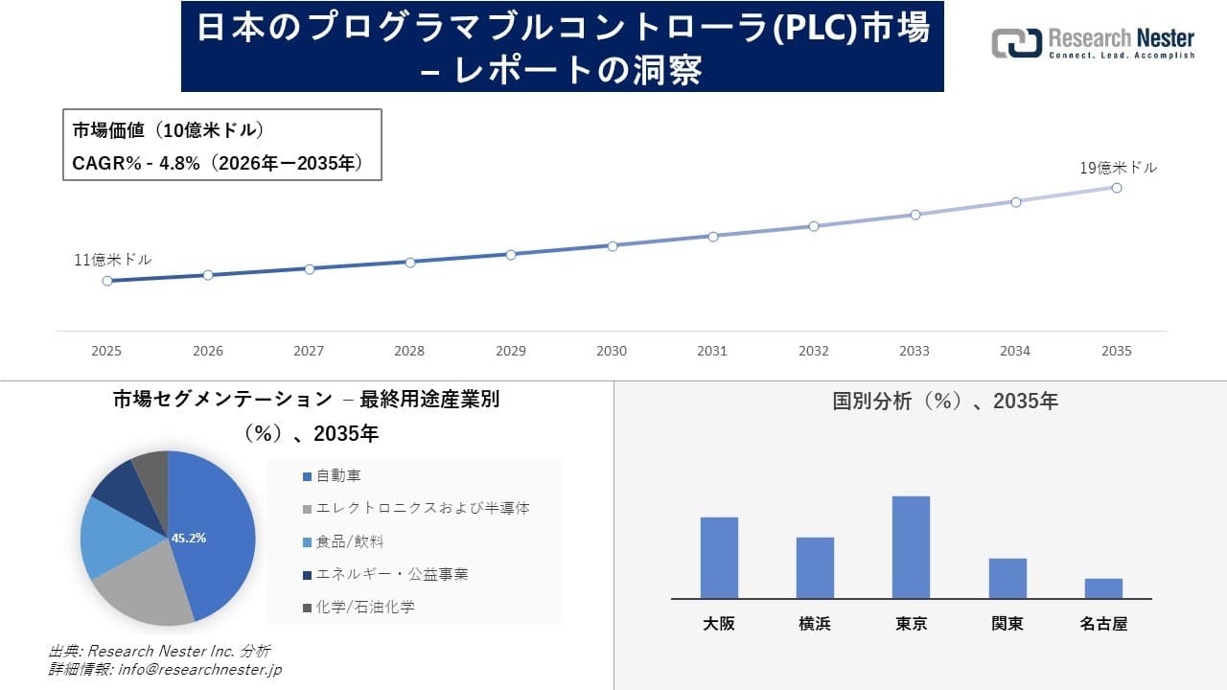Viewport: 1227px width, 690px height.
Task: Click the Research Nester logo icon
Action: [x=1016, y=43]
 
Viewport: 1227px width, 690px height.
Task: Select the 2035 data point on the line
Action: [x=1117, y=188]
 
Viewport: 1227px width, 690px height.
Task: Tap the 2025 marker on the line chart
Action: [x=107, y=281]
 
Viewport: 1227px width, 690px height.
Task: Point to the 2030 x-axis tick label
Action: [x=612, y=351]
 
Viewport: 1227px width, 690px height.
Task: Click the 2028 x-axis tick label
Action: [x=409, y=351]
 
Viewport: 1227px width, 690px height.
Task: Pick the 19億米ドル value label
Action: [x=1118, y=168]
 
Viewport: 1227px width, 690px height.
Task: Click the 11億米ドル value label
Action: [x=113, y=260]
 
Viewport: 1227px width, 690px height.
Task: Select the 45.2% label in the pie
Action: [x=189, y=539]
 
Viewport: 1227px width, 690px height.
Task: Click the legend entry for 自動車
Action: [x=338, y=475]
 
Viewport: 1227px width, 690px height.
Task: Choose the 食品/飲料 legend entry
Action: [x=350, y=541]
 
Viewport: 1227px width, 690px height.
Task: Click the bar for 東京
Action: [x=911, y=547]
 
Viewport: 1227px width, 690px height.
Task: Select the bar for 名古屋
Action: [x=1103, y=588]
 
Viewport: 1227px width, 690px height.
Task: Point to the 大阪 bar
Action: [x=719, y=558]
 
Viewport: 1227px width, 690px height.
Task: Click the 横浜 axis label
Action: [x=815, y=624]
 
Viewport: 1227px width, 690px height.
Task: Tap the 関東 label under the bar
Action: [x=1007, y=624]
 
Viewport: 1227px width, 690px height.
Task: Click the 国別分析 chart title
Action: [x=945, y=402]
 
